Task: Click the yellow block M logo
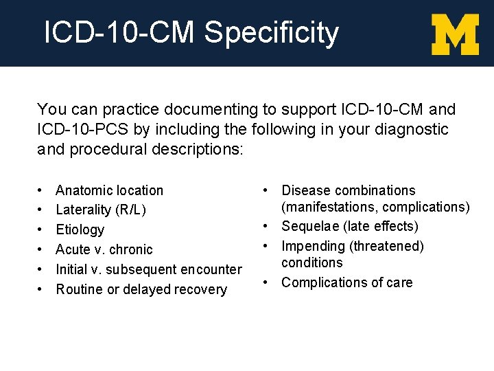(x=455, y=34)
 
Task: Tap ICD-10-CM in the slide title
(x=120, y=33)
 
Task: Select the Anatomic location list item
(x=109, y=190)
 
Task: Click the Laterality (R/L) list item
(x=101, y=210)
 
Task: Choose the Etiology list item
(x=80, y=229)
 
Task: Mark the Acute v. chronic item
(x=104, y=249)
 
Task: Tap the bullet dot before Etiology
(x=41, y=229)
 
